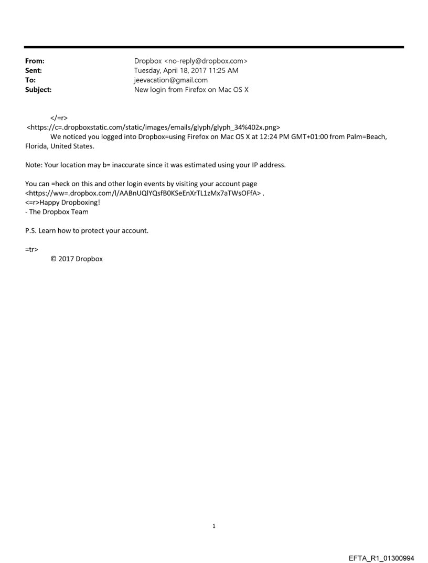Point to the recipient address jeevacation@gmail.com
click(x=171, y=80)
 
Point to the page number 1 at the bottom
click(x=214, y=526)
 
